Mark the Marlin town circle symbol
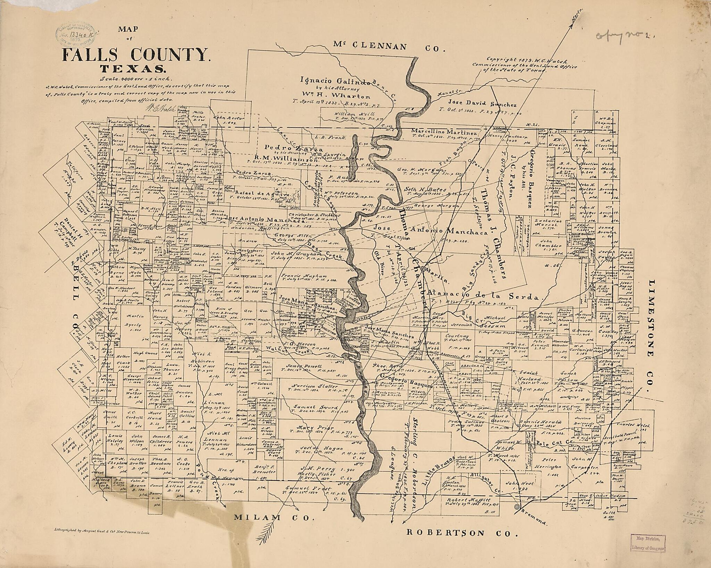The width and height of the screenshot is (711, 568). point(424,269)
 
